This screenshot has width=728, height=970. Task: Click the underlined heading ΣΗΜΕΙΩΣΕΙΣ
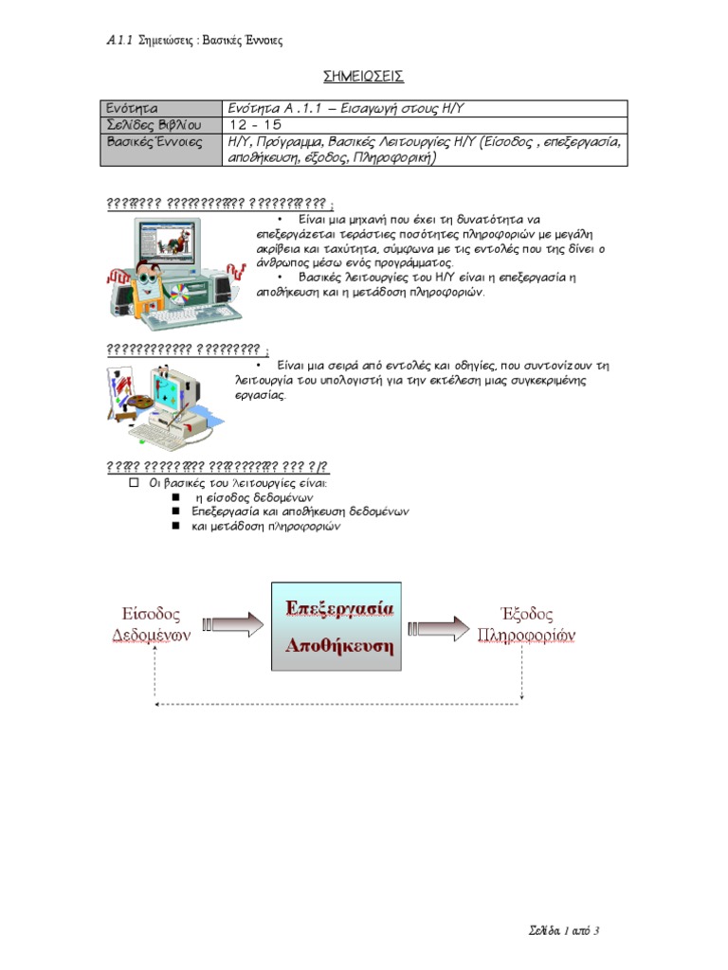point(364,77)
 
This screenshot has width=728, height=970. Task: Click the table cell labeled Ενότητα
point(132,109)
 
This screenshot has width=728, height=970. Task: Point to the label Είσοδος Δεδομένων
point(152,624)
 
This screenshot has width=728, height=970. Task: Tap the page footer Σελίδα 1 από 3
point(564,930)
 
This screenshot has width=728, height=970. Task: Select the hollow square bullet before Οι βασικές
point(134,482)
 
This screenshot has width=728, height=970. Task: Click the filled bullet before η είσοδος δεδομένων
point(176,497)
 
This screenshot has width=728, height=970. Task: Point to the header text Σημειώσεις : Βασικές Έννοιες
point(210,41)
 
